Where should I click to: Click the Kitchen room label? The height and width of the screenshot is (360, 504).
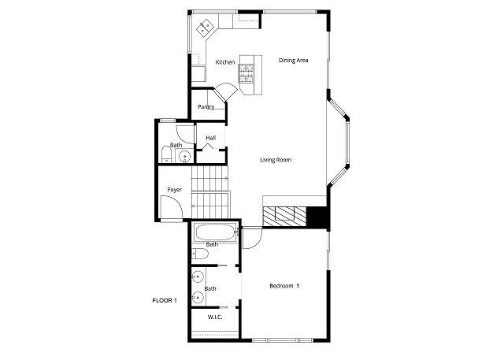(225, 62)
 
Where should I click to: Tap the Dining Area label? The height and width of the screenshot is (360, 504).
(294, 60)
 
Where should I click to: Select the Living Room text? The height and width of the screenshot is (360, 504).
(276, 160)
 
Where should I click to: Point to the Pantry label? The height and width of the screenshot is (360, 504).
(206, 107)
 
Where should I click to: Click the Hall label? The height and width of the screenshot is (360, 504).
(211, 138)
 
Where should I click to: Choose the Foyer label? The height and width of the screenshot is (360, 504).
(175, 190)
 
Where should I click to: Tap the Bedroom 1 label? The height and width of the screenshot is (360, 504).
(284, 286)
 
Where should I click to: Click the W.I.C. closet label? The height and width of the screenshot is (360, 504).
(215, 317)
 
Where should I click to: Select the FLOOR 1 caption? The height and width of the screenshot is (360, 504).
(165, 301)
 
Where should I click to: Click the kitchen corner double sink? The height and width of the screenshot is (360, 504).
(205, 27)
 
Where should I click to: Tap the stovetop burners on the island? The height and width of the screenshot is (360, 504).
(246, 73)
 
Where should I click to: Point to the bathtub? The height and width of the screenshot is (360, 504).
(215, 232)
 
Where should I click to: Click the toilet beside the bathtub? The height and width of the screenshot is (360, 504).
(200, 254)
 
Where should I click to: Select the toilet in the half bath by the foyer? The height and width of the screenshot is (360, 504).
(166, 155)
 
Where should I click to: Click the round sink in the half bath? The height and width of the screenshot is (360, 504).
(185, 157)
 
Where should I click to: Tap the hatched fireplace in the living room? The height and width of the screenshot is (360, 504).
(284, 217)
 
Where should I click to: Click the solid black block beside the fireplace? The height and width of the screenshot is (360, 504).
(317, 217)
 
